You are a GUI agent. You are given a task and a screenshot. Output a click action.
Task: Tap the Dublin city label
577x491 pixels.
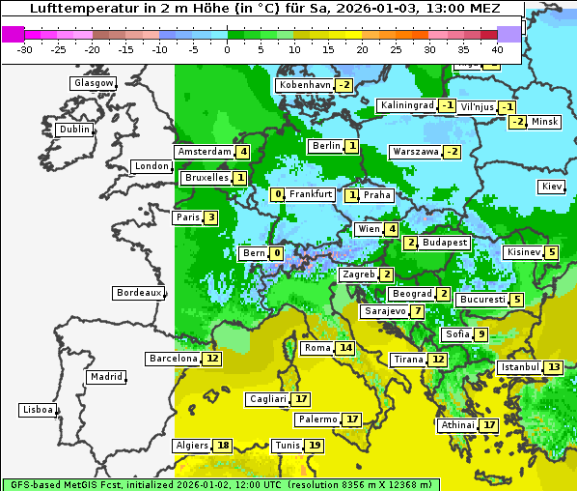pos(74,130)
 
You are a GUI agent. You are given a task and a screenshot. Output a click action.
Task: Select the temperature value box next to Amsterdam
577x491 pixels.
pos(243,152)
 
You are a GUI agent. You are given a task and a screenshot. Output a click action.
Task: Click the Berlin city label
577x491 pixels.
pos(326,146)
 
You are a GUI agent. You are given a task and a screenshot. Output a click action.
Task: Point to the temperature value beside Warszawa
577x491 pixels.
pos(452,152)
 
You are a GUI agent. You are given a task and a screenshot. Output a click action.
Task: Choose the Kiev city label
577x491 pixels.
pos(552,187)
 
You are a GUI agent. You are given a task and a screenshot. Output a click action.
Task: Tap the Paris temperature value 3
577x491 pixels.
pos(211,217)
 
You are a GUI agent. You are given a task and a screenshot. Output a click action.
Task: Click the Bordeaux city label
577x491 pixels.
pos(139,293)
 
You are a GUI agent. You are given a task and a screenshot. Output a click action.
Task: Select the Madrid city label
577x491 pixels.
pos(106,377)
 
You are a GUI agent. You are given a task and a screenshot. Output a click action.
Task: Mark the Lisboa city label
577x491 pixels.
pos(38,410)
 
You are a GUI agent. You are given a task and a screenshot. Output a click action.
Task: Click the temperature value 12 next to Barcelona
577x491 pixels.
pos(212,359)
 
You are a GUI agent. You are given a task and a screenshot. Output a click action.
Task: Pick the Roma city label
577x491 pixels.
pos(317,348)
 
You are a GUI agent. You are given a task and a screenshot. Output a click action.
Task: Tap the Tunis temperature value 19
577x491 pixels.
pos(315,446)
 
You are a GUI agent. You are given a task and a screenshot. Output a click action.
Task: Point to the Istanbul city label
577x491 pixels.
pos(520,367)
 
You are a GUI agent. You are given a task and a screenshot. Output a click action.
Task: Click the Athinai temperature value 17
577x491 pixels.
pos(489,425)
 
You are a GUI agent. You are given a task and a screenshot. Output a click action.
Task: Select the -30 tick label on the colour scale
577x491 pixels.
pos(25,48)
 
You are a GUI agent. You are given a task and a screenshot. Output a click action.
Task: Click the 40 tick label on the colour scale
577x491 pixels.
pos(497,48)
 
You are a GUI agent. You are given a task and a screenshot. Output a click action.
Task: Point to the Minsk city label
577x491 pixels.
pos(545,122)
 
